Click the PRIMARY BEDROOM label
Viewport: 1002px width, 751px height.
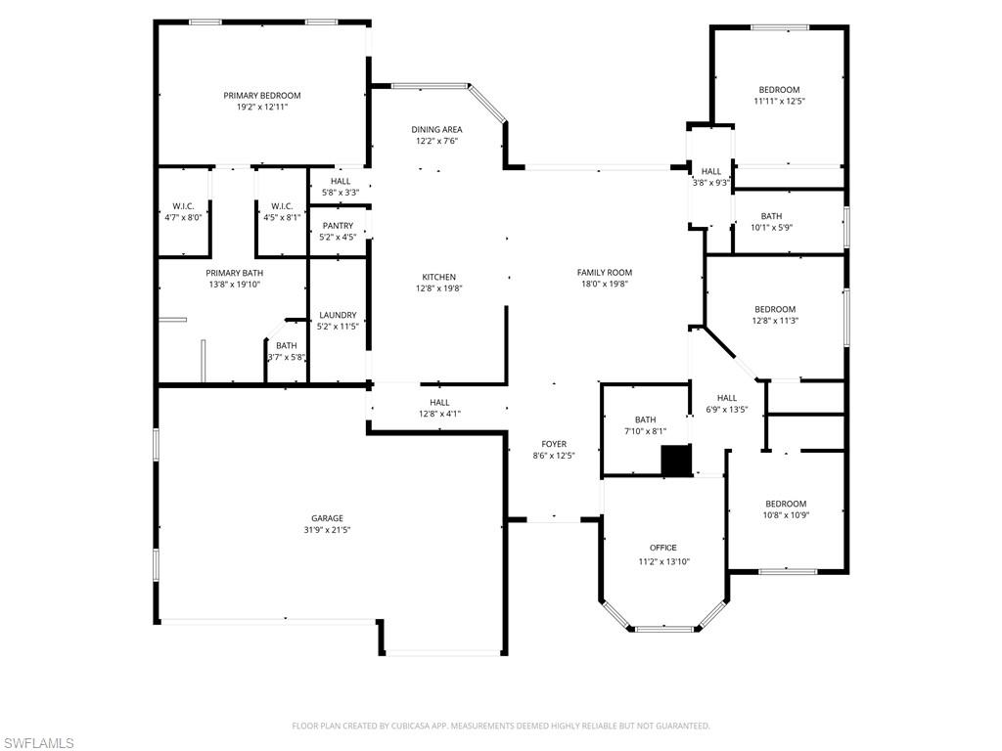(261, 95)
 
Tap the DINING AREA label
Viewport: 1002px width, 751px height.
(436, 129)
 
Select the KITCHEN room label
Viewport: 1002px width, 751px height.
(438, 277)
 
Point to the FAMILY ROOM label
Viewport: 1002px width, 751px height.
(604, 273)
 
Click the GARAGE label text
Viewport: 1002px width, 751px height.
(327, 518)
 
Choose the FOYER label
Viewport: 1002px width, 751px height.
(553, 444)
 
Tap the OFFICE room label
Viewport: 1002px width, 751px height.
(662, 548)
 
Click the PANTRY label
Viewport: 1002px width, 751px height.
(338, 226)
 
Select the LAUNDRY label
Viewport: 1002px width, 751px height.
(338, 315)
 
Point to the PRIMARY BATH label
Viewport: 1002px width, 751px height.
(234, 273)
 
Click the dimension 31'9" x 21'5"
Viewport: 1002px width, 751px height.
(327, 530)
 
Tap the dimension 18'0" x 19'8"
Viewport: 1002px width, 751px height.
(604, 285)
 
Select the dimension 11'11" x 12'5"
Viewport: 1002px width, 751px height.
(779, 101)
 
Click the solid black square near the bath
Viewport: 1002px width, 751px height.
(676, 461)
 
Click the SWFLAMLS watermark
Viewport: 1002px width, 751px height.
(38, 743)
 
